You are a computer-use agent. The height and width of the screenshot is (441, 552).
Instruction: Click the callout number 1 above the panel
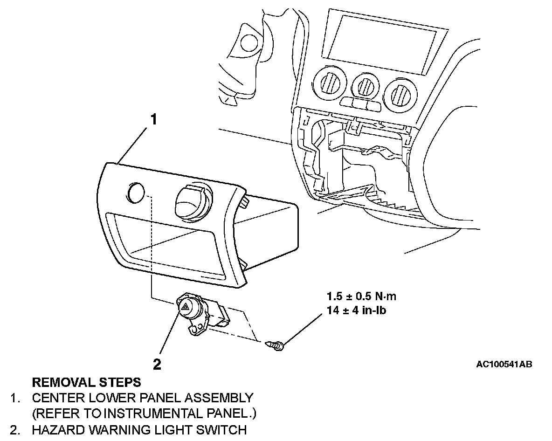153,120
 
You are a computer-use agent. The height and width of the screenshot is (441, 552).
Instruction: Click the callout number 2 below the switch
157,364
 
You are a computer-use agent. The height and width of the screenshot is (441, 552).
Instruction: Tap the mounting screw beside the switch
276,345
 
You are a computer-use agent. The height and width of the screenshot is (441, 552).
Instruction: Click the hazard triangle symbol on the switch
185,307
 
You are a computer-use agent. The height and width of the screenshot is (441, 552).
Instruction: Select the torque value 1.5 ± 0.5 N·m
361,296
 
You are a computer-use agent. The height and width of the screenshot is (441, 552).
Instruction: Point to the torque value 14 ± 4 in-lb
357,310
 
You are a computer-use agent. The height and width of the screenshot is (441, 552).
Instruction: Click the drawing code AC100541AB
504,364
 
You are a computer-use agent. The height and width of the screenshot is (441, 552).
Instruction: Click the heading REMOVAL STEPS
86,383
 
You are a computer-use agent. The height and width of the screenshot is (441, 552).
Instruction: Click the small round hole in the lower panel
135,193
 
